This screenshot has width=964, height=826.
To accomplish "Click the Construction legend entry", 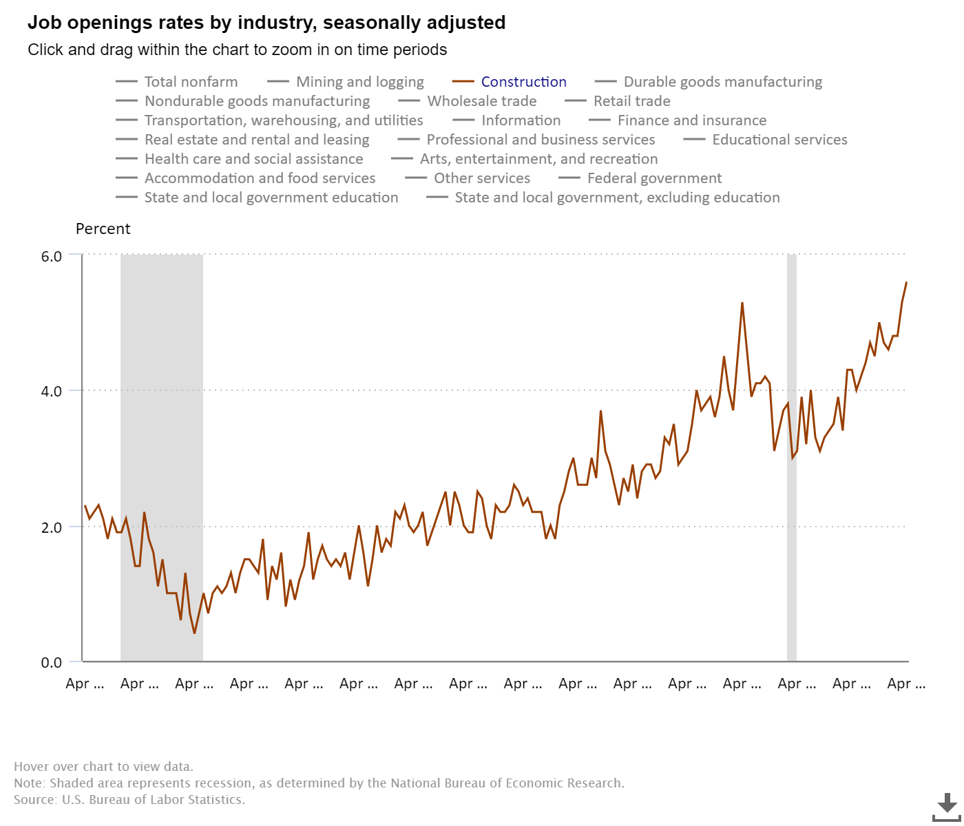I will point(523,82).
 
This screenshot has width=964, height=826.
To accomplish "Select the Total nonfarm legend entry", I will point(191,82).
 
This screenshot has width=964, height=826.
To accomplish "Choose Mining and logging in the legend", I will point(359,82).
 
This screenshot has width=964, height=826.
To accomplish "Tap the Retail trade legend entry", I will point(631,101).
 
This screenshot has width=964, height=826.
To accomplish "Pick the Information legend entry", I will point(521,120).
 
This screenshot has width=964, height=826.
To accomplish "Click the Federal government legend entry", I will point(654,178).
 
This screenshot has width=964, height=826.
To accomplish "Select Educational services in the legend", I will point(779,140).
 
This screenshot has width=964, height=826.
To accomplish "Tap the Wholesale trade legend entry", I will point(481,101).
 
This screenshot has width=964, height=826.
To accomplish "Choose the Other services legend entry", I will point(482,178).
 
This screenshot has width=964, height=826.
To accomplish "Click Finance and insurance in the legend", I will point(691,120).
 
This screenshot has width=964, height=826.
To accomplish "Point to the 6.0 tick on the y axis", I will point(52,256).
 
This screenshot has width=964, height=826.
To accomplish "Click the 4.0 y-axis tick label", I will point(52,391).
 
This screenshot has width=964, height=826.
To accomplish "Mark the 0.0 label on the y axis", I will point(52,662).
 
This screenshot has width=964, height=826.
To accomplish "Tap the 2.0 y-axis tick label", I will point(52,527).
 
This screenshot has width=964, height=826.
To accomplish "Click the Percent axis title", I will point(103,229).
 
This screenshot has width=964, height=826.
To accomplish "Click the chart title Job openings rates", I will point(266,23).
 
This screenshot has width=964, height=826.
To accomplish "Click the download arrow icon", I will point(947,805).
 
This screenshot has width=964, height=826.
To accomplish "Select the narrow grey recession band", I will point(792,458).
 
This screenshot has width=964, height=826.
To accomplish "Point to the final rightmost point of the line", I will point(906,282).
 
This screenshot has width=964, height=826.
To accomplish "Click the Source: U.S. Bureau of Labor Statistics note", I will point(129,800).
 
